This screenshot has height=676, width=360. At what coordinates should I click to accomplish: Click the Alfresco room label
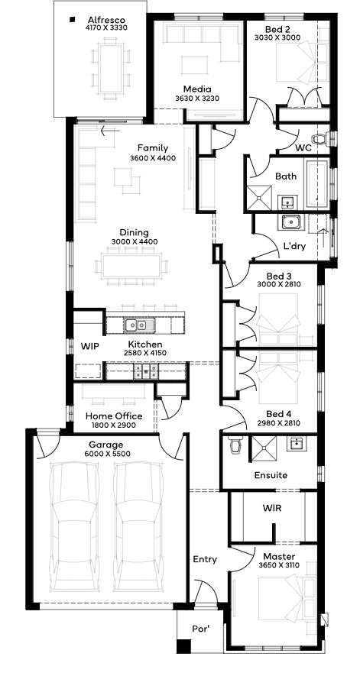click(106, 21)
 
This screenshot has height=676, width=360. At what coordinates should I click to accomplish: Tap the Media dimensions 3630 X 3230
click(197, 99)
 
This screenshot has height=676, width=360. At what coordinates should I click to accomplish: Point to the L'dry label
click(294, 246)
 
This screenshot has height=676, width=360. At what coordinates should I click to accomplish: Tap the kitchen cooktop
click(147, 370)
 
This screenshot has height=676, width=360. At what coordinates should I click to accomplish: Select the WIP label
click(89, 347)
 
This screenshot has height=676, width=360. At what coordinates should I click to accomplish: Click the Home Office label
click(114, 416)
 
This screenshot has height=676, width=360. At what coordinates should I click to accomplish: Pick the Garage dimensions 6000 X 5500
click(106, 454)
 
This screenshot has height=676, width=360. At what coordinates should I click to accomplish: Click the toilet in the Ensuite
click(235, 444)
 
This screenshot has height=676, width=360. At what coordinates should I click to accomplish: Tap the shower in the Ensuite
click(263, 449)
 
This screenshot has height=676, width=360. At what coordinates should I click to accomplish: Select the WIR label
click(272, 508)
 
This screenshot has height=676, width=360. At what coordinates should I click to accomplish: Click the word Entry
click(205, 560)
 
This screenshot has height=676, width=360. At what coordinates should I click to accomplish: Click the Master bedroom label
click(279, 556)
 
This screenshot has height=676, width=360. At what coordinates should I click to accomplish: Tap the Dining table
click(131, 266)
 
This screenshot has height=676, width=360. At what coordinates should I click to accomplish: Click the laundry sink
click(292, 222)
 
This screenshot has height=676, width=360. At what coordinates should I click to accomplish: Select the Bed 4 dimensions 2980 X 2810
click(278, 423)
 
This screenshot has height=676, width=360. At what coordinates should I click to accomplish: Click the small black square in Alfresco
click(72, 19)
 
